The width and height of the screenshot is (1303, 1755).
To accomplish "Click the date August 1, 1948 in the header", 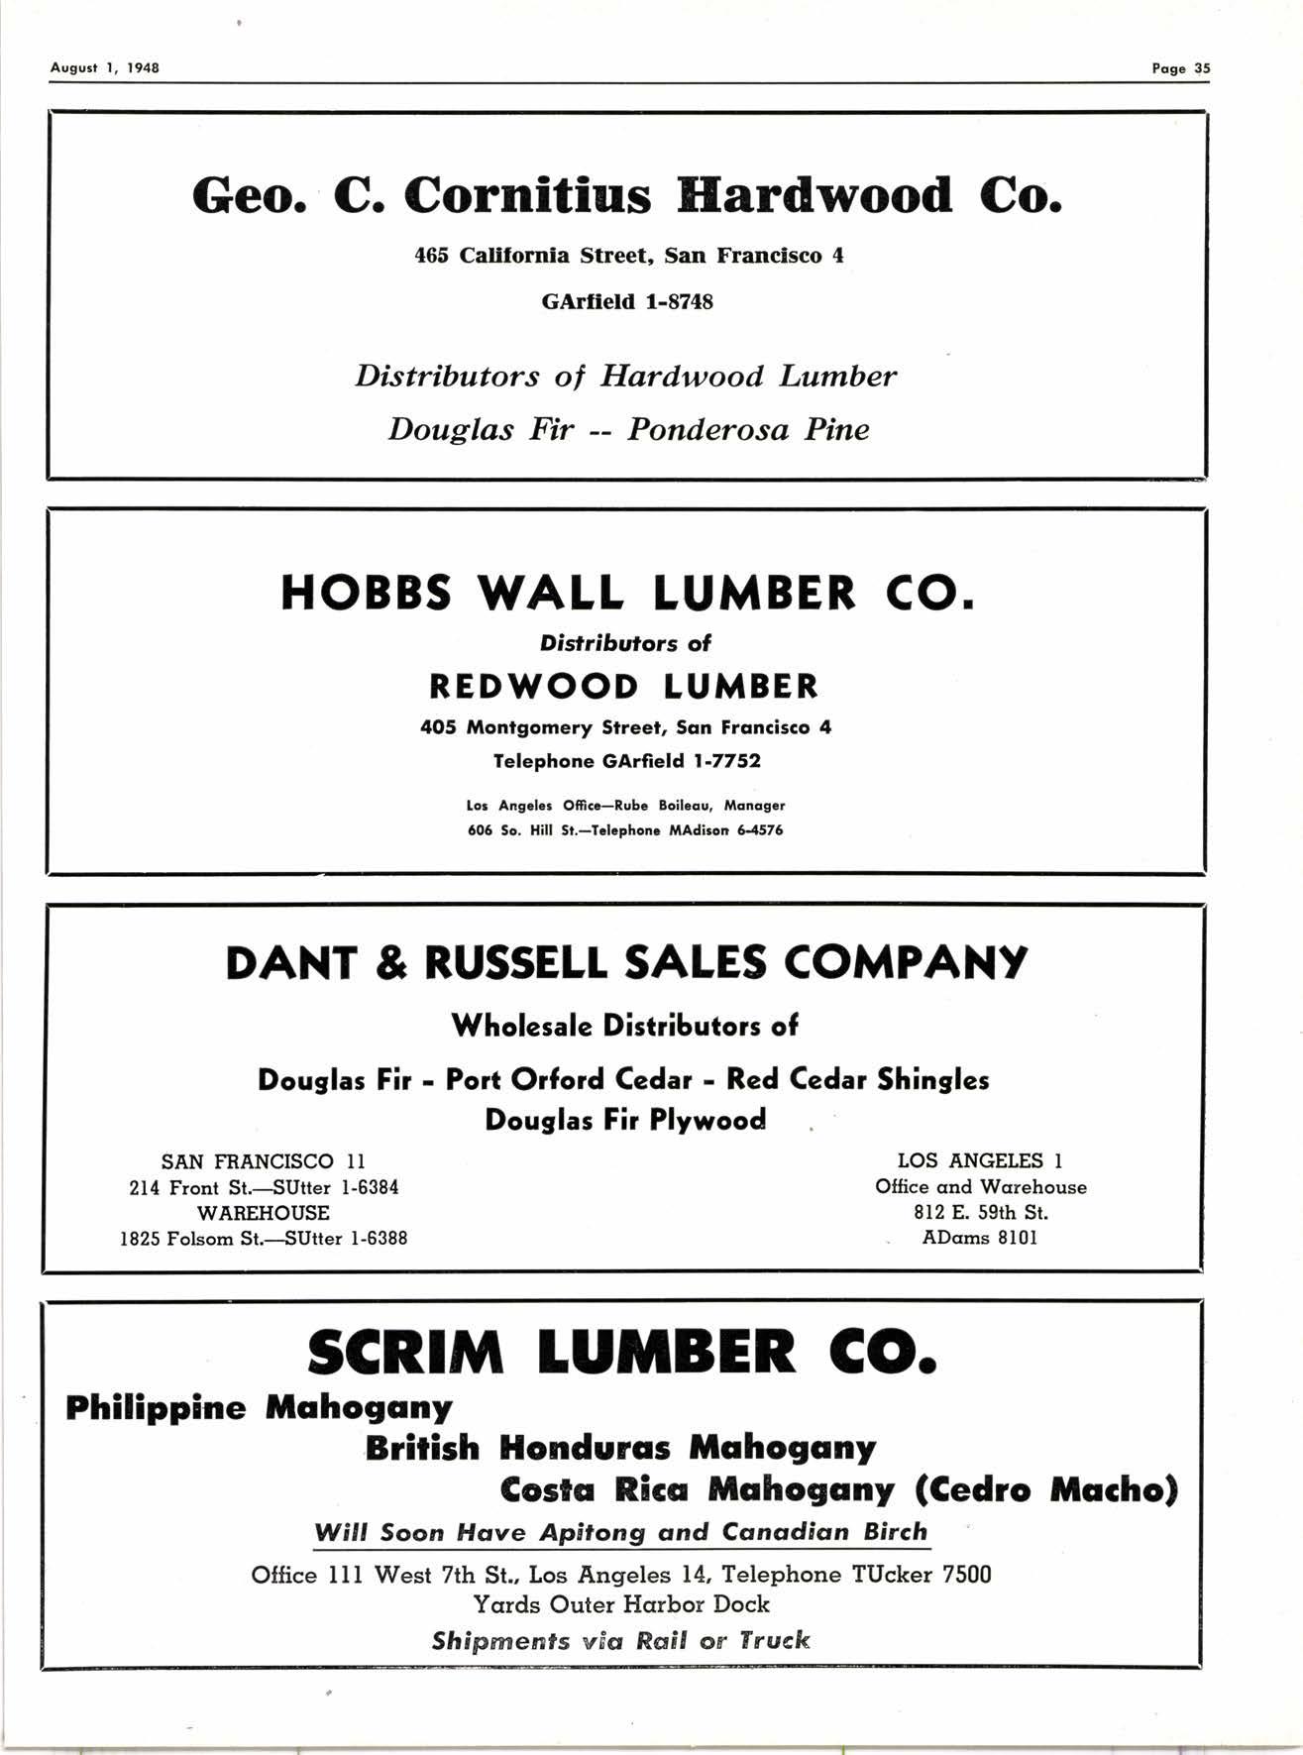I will pos(104,68).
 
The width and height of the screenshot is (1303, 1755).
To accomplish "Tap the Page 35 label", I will pos(1180,68).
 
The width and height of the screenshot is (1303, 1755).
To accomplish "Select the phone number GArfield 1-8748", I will pos(626,301).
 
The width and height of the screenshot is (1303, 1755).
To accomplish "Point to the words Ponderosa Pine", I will pos(748,429).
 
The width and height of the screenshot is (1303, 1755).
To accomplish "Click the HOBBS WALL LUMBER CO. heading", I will pos(627,594).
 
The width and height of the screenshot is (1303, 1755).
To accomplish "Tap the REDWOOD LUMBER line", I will pos(624,686).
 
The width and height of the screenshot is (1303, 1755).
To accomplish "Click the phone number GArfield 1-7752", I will pos(681,761).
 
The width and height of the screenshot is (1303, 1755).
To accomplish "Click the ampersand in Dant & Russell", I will pos(391,963).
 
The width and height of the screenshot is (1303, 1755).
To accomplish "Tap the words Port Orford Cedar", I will pos(569,1079).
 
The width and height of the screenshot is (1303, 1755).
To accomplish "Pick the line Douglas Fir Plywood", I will pos(625,1120).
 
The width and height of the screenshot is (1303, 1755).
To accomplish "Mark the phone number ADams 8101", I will pos(979,1238).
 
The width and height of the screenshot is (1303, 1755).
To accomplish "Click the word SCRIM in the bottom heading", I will pos(405,1353).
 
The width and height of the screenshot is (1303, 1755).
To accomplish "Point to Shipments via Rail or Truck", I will pos(621,1640).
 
